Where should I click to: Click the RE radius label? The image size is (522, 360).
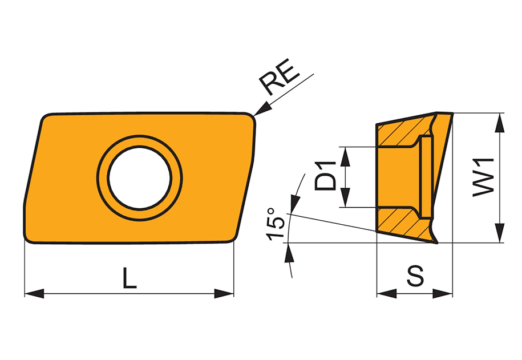click(279, 77)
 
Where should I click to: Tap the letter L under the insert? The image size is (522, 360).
click(130, 278)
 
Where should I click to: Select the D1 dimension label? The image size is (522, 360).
click(325, 176)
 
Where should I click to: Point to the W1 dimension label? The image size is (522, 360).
click(483, 177)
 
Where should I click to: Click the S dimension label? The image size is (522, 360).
click(415, 276)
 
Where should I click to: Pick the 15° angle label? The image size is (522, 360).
click(276, 224)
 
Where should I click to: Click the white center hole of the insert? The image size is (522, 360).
click(140, 178)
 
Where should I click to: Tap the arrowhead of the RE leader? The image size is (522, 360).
click(262, 109)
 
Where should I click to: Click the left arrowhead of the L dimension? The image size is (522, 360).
click(35, 293)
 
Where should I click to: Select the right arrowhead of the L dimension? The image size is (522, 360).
click(224, 293)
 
